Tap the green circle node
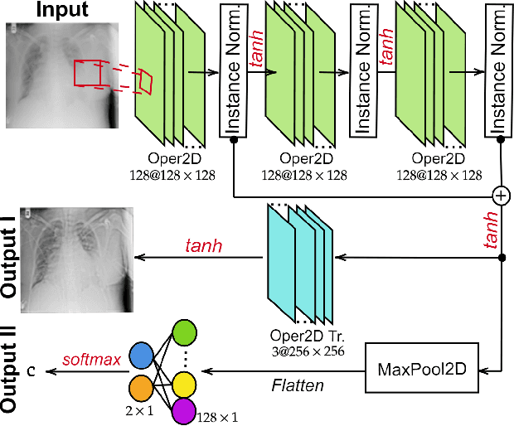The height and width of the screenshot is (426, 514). (x=185, y=334)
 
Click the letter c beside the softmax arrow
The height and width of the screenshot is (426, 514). (x=31, y=370)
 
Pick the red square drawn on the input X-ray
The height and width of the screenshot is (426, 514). (x=86, y=73)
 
